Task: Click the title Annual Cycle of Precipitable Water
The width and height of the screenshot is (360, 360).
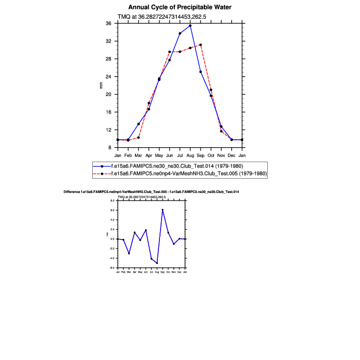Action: point(180,7)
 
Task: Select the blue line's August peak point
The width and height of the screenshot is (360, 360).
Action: point(190,26)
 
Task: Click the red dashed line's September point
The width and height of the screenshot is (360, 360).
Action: point(201,45)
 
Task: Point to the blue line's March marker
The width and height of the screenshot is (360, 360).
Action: point(139,124)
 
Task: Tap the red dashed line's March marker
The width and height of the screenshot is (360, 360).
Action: point(139,138)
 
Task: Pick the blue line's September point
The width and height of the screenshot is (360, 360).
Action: point(201,71)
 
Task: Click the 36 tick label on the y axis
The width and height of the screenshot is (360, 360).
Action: point(108,23)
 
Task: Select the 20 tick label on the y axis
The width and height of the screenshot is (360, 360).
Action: point(108,94)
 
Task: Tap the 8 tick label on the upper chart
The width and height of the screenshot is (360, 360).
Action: point(109,147)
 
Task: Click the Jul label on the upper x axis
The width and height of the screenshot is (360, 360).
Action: point(180,155)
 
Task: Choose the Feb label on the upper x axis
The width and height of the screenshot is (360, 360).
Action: point(128,155)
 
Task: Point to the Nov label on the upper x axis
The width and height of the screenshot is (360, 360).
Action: point(221,155)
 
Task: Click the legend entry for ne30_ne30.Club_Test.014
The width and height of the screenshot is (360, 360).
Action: point(177,166)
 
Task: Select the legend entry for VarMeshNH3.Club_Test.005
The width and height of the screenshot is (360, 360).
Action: point(188,174)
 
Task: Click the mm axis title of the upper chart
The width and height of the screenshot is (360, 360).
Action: point(101,85)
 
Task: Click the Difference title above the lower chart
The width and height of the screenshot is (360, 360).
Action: point(151,191)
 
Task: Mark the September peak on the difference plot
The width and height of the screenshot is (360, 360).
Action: point(163,210)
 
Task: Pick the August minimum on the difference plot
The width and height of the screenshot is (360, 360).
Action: point(157,263)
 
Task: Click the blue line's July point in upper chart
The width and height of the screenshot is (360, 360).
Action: point(180,34)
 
